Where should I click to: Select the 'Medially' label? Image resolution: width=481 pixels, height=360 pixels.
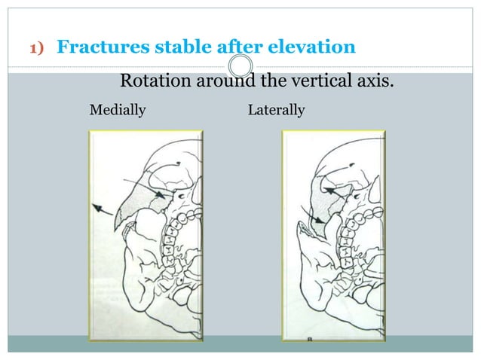tap(118, 111)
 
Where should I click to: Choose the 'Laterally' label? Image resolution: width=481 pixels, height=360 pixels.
tap(276, 111)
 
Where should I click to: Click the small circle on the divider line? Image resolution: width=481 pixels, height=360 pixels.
tap(240, 66)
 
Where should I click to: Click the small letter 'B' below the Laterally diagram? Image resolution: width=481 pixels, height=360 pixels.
tap(308, 340)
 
